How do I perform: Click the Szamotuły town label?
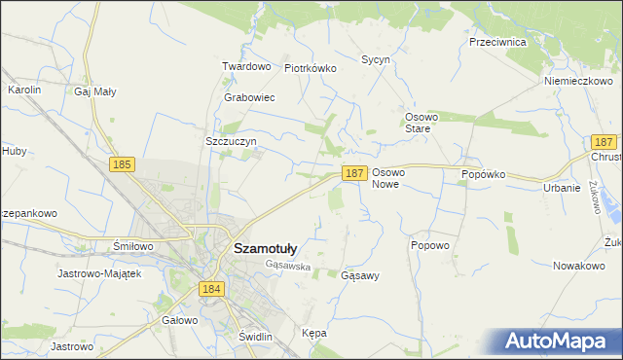pos(266,248)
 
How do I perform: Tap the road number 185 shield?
pos(122,165)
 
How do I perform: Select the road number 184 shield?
pos(212,289)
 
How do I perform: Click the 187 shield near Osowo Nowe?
pos(354,172)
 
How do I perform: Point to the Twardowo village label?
pos(245,66)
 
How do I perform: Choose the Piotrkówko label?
pos(310,68)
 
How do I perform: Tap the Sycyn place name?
pos(376,59)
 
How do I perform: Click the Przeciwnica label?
pos(497,43)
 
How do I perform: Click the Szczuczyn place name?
pos(231,141)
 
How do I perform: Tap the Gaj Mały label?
pos(94,91)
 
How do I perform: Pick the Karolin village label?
pos(24,89)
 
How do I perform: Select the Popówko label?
pos(485,174)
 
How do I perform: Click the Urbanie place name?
pos(562,188)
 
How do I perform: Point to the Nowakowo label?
pos(579,265)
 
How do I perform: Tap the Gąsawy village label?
pos(360,275)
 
